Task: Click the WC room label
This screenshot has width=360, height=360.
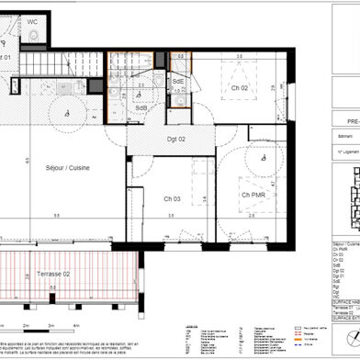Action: [32, 20]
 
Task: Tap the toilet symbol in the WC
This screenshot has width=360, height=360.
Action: [34, 34]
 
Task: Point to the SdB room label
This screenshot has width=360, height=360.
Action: [141, 108]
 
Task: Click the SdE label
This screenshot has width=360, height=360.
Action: [178, 82]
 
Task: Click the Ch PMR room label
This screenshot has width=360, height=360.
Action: [254, 195]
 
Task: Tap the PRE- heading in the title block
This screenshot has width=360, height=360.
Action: [345, 118]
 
